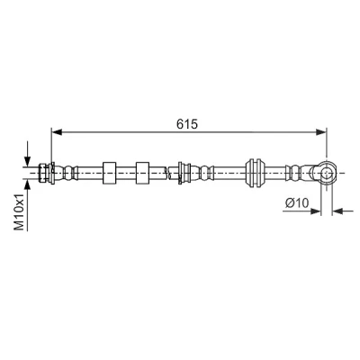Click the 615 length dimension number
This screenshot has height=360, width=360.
pos(187,124)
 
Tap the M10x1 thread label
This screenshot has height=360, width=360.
pos(20,211)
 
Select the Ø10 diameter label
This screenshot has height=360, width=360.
pos(297,203)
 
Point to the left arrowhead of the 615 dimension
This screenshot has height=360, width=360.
pos(57,132)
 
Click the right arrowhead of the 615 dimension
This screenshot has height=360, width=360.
pos(321,132)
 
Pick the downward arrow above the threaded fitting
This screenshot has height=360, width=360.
pos(28,153)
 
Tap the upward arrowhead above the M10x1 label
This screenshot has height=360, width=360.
pos(28,185)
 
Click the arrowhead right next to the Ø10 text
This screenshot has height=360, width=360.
pos(316,211)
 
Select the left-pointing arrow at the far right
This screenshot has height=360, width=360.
pos(343,211)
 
